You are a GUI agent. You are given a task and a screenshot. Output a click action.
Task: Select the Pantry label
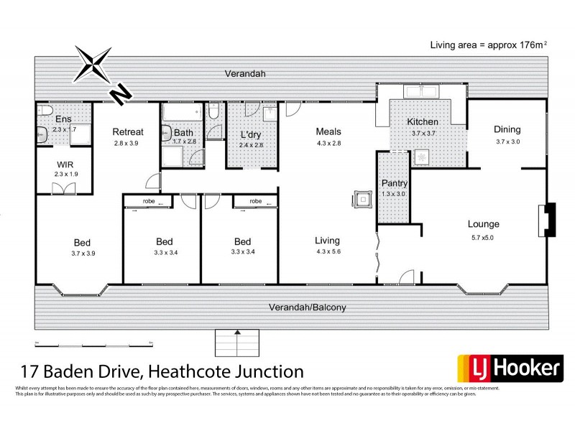tap(394, 183)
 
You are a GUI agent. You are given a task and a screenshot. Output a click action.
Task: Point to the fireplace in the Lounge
tap(548, 219)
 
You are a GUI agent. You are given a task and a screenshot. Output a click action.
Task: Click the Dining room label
tap(507, 129)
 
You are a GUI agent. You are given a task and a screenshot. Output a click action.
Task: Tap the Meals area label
tap(328, 131)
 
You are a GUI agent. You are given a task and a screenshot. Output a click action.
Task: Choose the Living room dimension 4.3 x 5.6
tap(328, 252)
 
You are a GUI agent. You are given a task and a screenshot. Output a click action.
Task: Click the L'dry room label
tap(251, 134)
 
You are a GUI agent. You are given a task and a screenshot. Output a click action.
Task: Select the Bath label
tap(184, 133)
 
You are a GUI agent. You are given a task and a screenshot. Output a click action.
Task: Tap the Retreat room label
tap(128, 131)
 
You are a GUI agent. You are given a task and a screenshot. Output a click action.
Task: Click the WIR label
tap(65, 164)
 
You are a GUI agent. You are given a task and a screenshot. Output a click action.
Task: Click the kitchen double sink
tap(418, 91)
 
